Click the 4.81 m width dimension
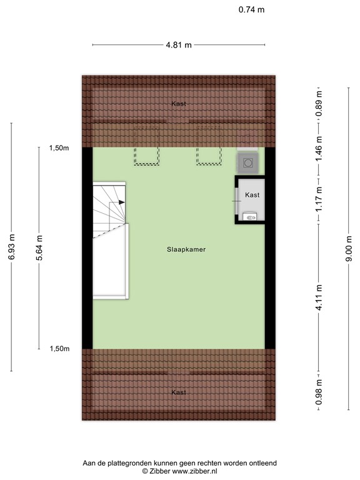click(178, 45)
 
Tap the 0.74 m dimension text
click(251, 9)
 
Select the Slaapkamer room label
click(186, 249)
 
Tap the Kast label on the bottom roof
click(179, 392)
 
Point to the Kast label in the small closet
click(252, 195)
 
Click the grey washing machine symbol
click(247, 163)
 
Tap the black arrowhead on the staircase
click(121, 202)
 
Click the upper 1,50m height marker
click(59, 148)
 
